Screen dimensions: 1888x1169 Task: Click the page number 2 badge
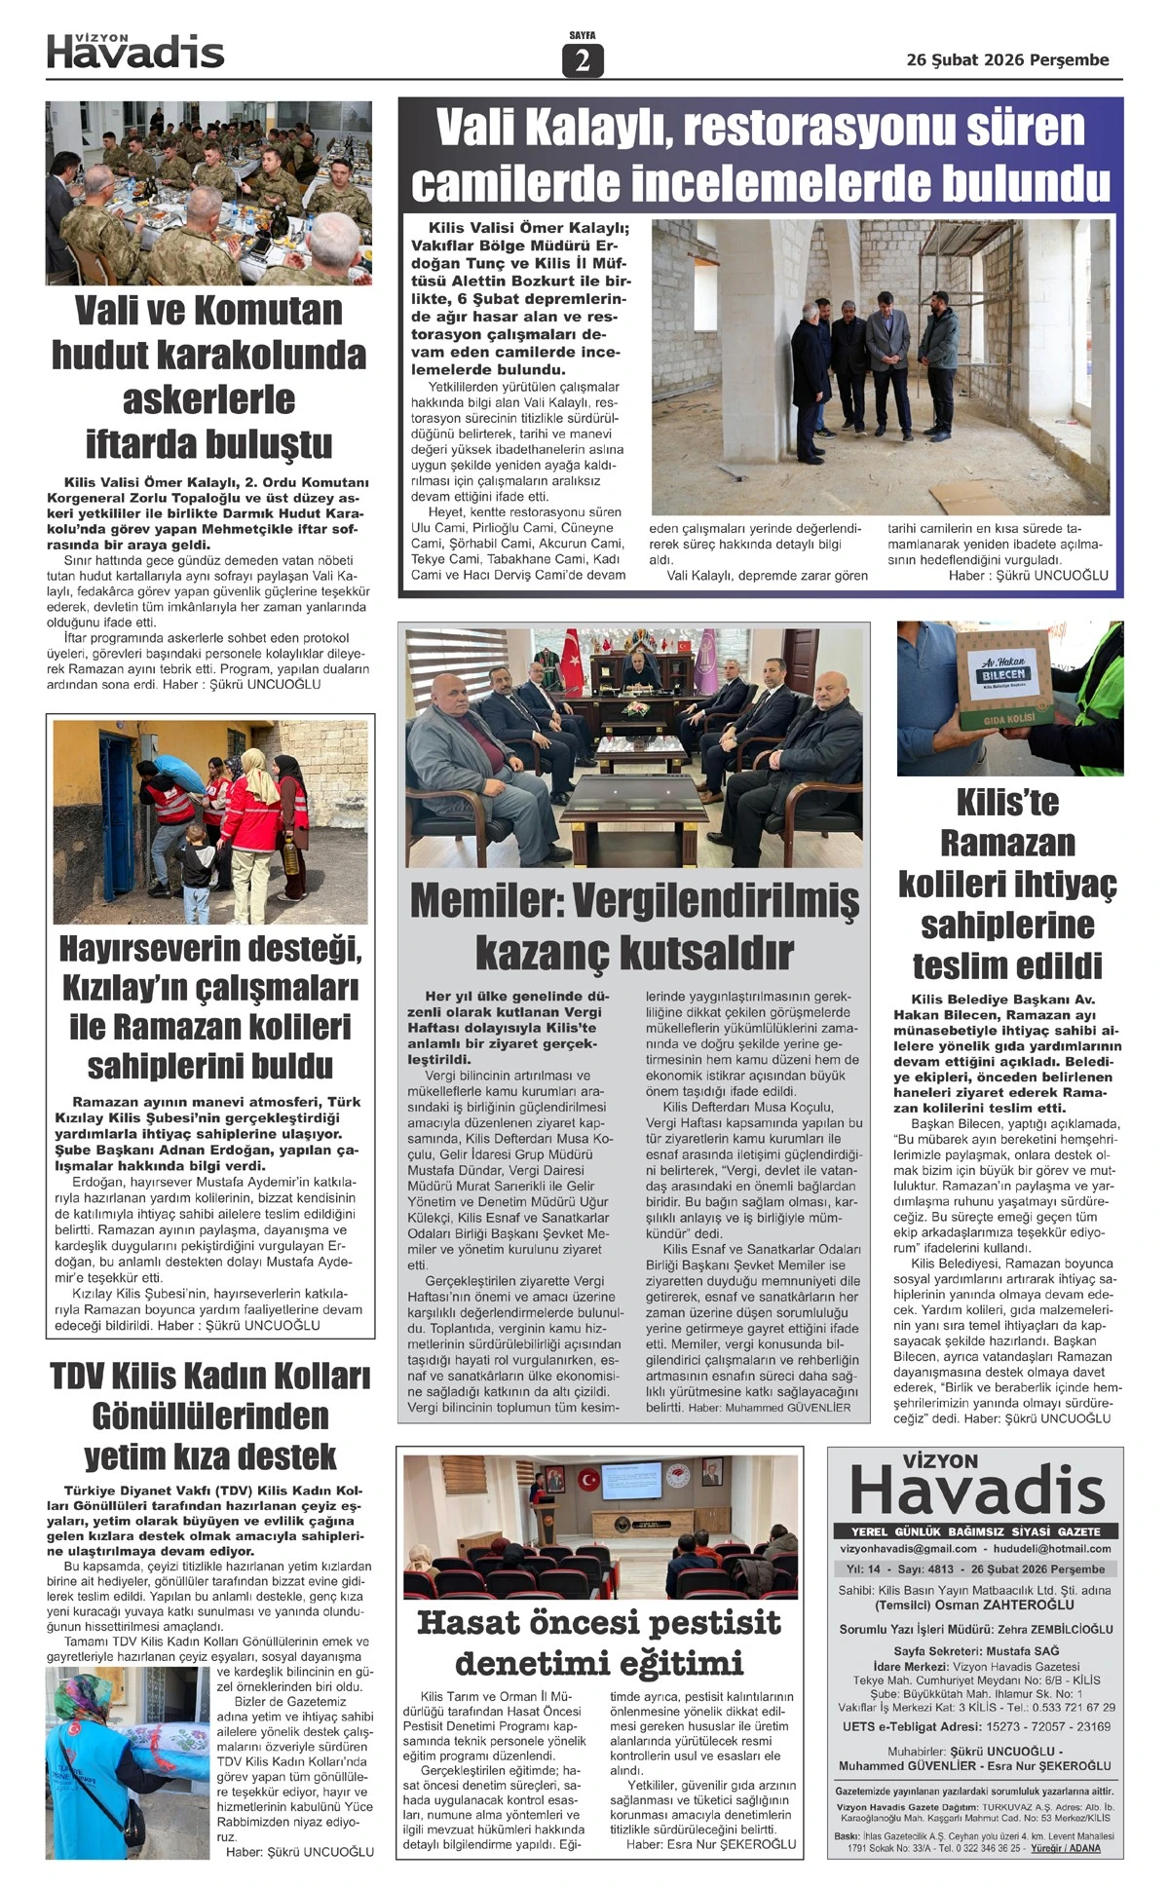click(x=583, y=60)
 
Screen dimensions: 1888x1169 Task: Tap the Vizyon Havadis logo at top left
click(x=135, y=52)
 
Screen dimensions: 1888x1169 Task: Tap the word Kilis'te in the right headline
click(x=1007, y=803)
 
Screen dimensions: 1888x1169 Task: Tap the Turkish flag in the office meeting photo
click(x=571, y=654)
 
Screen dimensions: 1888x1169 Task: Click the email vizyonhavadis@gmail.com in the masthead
click(x=907, y=1548)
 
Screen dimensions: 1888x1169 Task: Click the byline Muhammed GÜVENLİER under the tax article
click(x=790, y=1408)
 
